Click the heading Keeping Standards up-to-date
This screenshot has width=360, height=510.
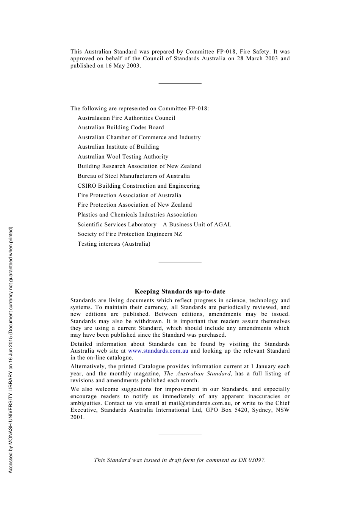180,292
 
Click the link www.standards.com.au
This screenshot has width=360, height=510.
158,351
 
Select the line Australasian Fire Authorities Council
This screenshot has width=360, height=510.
126,118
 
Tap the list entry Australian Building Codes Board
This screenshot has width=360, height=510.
121,127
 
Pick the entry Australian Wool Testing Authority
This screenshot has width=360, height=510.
123,157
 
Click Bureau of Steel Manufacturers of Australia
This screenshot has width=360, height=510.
133,176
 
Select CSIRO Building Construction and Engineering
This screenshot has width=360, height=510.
139,186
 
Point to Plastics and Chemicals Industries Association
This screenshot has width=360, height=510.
137,215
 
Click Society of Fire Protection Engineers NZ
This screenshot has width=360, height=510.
130,234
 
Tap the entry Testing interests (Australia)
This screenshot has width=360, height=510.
114,244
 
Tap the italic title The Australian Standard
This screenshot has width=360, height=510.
197,373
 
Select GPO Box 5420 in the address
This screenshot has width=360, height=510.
227,410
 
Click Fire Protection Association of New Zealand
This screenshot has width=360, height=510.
135,205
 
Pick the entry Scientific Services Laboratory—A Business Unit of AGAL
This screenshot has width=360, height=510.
154,224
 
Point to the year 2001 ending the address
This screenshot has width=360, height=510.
77,417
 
